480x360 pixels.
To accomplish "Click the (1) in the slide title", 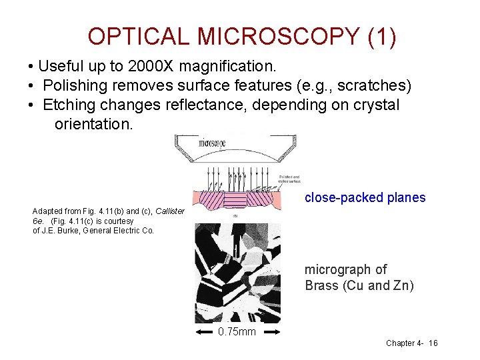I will pyautogui.click(x=381, y=37).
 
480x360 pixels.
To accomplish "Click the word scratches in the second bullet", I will pyautogui.click(x=376, y=86).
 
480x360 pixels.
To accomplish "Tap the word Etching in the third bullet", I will pyautogui.click(x=69, y=105).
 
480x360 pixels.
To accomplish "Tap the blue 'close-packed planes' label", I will pyautogui.click(x=365, y=197).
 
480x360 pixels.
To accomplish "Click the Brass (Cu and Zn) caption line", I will pyautogui.click(x=359, y=286).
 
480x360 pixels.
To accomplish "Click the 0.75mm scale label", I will pyautogui.click(x=237, y=331).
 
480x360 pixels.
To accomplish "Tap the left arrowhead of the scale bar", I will pyautogui.click(x=198, y=331).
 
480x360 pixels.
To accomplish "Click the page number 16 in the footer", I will pyautogui.click(x=433, y=343).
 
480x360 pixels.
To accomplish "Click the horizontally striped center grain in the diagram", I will pyautogui.click(x=246, y=199).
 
